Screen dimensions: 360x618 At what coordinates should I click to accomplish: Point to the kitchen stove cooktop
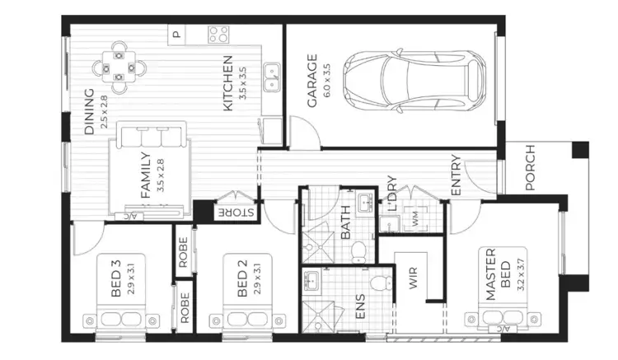218,35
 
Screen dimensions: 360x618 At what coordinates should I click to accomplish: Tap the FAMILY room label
145,174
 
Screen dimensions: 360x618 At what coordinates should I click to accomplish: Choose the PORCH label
529,167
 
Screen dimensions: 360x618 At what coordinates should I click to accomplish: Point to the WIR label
414,280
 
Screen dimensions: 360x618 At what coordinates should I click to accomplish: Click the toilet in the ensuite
379,285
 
